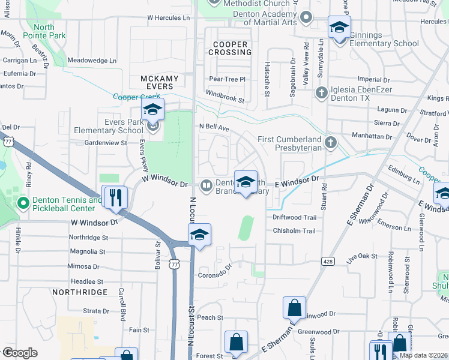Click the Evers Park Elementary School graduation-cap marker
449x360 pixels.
152,110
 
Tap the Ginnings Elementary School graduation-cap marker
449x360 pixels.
339,28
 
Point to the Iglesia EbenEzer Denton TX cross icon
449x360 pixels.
321,93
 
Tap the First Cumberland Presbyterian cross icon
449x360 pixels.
330,142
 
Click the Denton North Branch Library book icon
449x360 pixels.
206,185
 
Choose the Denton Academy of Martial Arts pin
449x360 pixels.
306,17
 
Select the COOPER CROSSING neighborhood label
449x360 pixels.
231,49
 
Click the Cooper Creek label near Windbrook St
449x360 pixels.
137,97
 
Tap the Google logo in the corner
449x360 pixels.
20,353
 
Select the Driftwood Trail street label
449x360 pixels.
294,217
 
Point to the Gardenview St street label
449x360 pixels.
106,143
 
